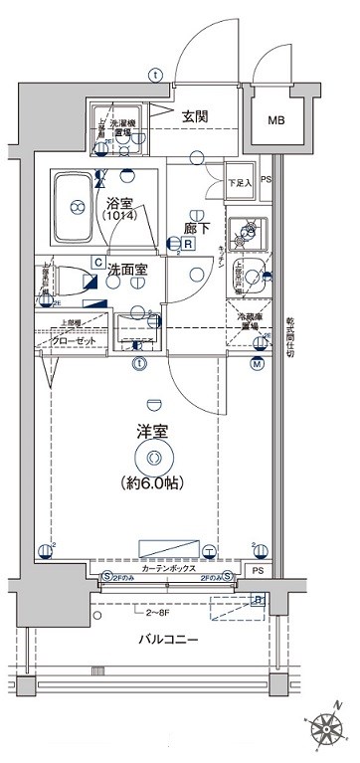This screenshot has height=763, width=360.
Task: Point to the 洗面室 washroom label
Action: tap(127, 269)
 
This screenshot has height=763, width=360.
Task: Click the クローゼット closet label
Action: tap(72, 339)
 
